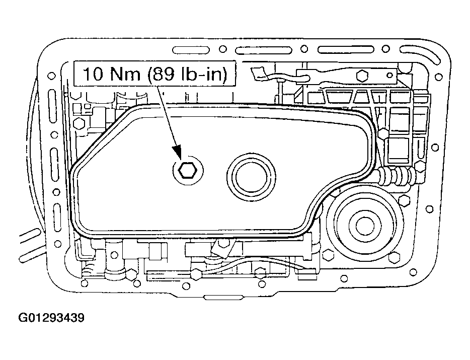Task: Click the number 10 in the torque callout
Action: point(93,74)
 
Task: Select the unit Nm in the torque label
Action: point(125,74)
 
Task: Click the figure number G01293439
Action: point(51,317)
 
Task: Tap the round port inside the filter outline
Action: point(251,177)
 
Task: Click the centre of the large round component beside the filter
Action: point(365,225)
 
